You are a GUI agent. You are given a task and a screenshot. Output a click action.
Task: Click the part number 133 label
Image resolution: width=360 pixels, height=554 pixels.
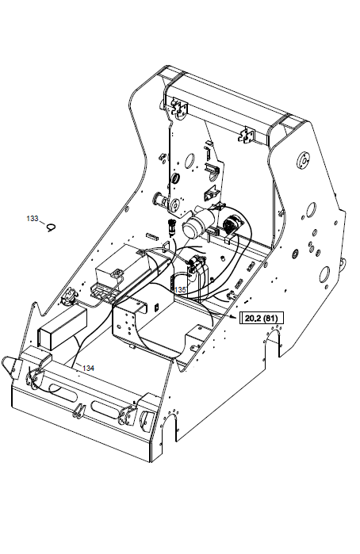click(33, 218)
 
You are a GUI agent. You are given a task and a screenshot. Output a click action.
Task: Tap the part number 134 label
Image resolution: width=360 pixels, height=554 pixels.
click(88, 369)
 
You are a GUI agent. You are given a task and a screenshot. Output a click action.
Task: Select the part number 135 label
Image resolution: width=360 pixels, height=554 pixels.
click(180, 290)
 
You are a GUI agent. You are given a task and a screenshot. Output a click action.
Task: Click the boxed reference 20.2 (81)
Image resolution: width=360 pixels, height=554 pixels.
click(262, 318)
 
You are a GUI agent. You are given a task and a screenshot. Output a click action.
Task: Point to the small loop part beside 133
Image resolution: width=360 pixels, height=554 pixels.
click(52, 228)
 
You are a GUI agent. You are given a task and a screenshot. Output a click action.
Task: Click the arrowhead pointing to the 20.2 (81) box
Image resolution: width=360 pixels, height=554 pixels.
click(232, 316)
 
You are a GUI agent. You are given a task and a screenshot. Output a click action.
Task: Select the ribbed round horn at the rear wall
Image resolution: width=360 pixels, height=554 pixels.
click(232, 224)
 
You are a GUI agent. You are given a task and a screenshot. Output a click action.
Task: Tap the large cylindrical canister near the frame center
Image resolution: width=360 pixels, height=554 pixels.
click(196, 224)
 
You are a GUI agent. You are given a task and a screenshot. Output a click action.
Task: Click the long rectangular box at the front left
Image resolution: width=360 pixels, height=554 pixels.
click(62, 329)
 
